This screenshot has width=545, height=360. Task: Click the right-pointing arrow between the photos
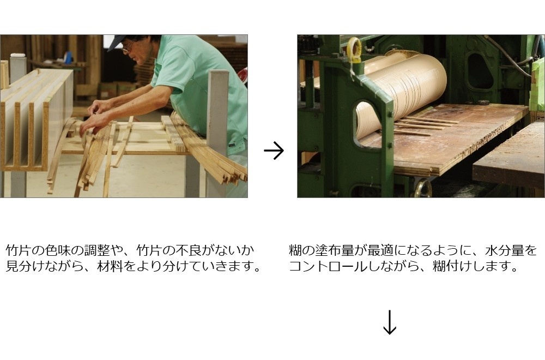[x=274, y=151]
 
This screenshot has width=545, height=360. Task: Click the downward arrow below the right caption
[x=389, y=322]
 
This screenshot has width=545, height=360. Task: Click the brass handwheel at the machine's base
[x=423, y=189]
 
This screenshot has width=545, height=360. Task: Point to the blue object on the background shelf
[x=69, y=56]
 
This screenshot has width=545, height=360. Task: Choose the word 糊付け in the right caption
[x=452, y=266]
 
